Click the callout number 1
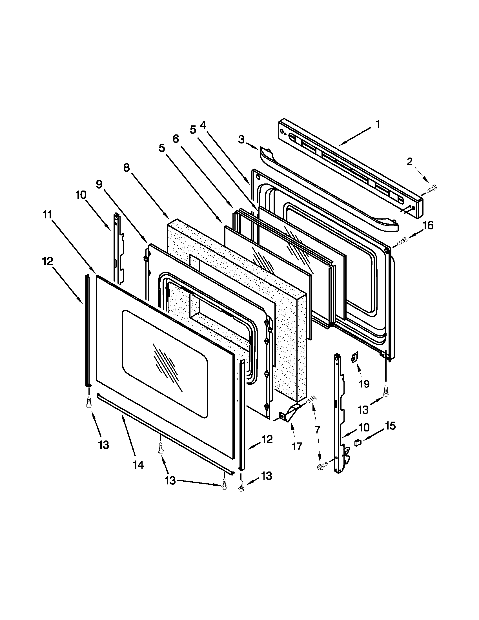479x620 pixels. click(378, 124)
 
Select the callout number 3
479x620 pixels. click(241, 140)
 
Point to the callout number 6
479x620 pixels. click(176, 139)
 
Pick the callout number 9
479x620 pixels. click(99, 184)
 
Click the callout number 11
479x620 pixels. click(47, 215)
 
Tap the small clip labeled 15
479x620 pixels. click(358, 442)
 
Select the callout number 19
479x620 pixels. click(364, 384)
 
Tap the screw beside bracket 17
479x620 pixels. click(311, 399)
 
